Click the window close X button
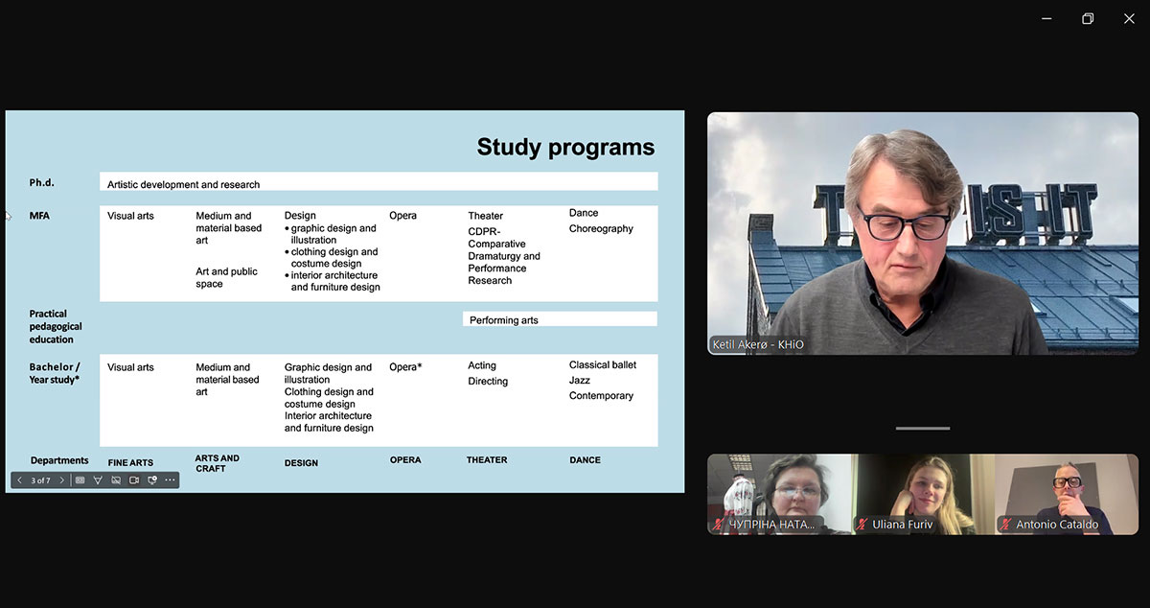coord(1129,19)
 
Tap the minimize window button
coord(1046,19)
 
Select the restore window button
coord(1088,19)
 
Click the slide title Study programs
coord(565,147)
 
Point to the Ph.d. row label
coord(41,182)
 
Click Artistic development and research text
coord(183,184)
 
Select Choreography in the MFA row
coord(601,228)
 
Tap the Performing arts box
coord(560,319)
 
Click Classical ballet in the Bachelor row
coord(602,365)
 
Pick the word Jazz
coord(579,381)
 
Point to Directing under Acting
coord(488,382)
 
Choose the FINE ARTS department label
coord(130,462)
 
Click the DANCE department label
coord(585,460)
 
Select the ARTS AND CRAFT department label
coord(217,463)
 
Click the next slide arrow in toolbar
coord(61,480)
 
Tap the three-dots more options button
coord(170,480)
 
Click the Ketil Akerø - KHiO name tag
coord(758,344)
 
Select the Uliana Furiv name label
coord(902,525)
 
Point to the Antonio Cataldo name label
coord(1056,525)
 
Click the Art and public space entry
coord(226,277)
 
